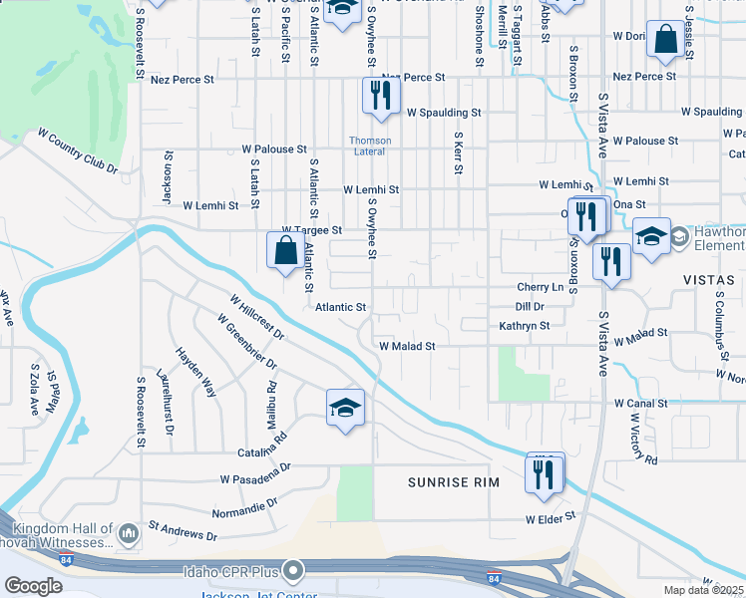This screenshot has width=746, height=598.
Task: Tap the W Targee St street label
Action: pos(312,229)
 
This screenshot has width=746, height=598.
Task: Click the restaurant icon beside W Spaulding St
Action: pos(380,95)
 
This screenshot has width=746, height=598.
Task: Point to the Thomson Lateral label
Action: pos(370,146)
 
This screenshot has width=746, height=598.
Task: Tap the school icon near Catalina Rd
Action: pos(345,407)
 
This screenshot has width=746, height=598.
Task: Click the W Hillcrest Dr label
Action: pos(256,316)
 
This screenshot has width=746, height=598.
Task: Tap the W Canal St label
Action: pos(640,403)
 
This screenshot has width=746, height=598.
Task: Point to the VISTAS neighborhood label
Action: pos(709,281)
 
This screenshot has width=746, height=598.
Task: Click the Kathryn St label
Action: pos(524,326)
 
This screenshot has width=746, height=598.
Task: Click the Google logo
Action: pos(33,586)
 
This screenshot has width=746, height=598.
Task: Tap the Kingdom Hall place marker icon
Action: pos(128,536)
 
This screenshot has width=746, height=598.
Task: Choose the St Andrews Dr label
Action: pos(182,529)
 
